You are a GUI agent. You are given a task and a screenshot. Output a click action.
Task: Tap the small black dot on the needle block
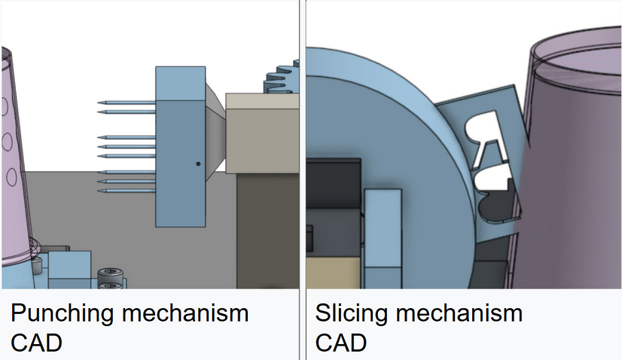198,163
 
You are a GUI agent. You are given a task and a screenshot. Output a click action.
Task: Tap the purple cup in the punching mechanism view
15,166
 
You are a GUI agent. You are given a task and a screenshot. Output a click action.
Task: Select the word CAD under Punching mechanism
36,343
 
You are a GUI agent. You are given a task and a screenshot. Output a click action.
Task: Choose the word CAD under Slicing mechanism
340,343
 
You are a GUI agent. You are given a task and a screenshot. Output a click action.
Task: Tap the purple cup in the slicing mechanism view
572,166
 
